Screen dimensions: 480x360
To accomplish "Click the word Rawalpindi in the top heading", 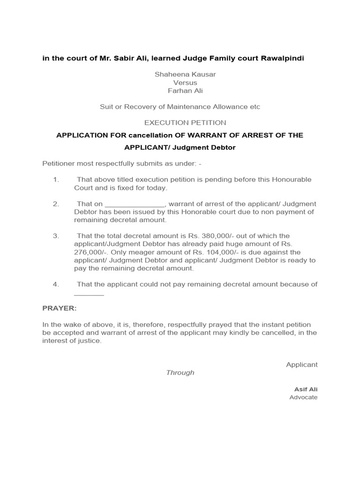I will tap(280, 58).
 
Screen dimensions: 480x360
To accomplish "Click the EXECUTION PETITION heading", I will tap(185, 123).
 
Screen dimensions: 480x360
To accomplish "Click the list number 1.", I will tap(55, 180).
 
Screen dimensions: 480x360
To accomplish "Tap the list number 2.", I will tap(55, 204).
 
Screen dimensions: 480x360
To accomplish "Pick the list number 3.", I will tap(55, 236).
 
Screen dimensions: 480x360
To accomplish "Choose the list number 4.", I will tap(55, 284).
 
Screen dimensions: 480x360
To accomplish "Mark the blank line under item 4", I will tap(89, 294).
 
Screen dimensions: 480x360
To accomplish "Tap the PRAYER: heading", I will tap(59, 308).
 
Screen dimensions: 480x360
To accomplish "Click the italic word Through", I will tap(180, 373).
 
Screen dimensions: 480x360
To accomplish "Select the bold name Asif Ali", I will tap(306, 389).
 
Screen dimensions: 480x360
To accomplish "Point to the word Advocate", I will tap(303, 397).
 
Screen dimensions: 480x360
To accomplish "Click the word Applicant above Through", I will tap(301, 364).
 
